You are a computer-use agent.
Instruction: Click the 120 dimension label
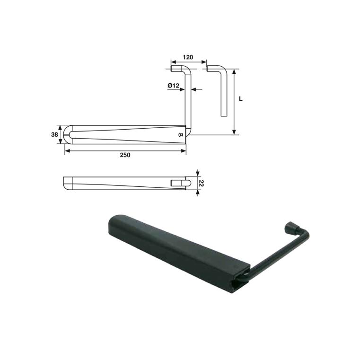188,57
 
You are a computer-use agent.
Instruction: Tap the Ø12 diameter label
173,86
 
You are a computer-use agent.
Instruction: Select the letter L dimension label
241,99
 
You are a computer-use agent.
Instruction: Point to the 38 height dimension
55,134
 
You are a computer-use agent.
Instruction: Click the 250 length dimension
125,155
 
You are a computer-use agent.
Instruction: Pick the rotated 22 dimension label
201,183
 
